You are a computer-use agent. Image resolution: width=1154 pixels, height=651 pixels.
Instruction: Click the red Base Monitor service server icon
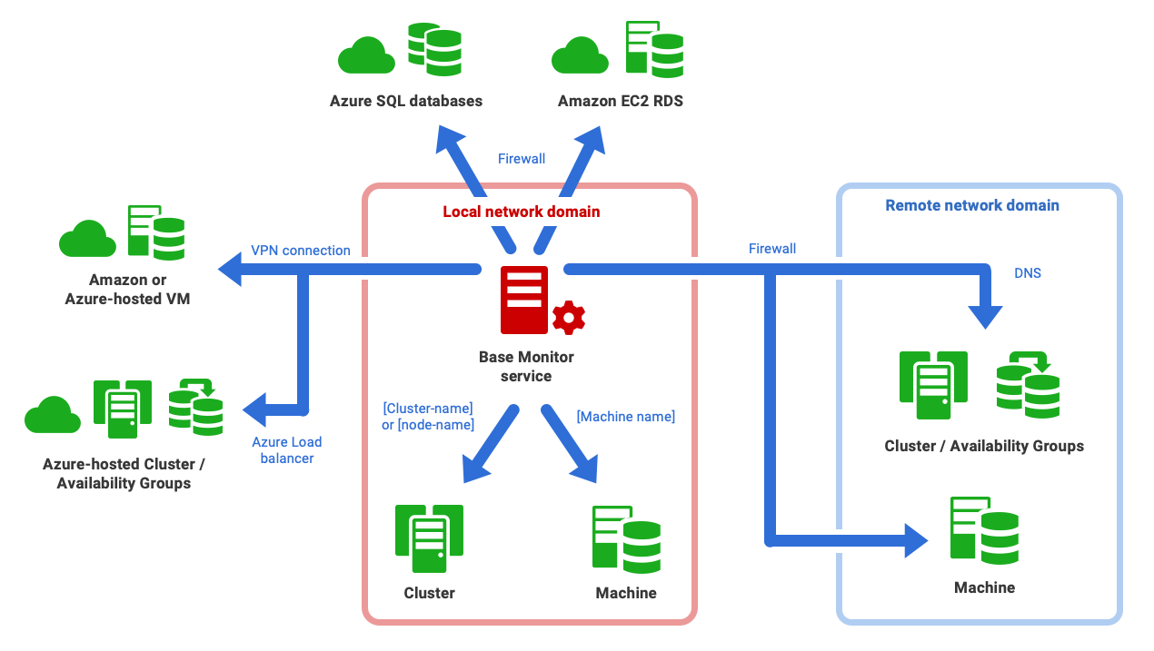tap(524, 300)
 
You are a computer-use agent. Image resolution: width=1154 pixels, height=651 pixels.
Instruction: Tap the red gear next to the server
tap(569, 317)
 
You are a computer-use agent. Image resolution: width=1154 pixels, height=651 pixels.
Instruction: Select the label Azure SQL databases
tap(406, 101)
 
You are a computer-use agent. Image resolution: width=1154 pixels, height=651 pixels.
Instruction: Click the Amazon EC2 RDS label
tap(621, 101)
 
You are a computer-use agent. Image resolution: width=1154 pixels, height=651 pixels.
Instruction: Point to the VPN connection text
tap(301, 251)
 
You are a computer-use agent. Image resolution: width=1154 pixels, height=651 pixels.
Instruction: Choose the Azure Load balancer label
tap(287, 450)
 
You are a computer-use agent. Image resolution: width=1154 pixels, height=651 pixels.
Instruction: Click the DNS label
tap(1028, 272)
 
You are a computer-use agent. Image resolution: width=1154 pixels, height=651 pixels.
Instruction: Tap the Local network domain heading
tap(522, 212)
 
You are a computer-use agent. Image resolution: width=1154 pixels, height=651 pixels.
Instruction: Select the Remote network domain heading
tap(972, 205)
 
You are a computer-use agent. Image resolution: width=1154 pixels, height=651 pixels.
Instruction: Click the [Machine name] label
tap(626, 417)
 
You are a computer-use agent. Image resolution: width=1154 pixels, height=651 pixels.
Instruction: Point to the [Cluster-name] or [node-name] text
tap(429, 417)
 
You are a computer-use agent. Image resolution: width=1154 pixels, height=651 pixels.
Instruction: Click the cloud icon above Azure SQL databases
tap(365, 56)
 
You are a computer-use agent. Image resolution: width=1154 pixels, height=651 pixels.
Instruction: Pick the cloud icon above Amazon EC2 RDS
tap(580, 56)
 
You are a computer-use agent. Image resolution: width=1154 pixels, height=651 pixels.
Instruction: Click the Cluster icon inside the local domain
tap(429, 538)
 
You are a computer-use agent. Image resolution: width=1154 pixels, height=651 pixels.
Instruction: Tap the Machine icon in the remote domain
tap(984, 531)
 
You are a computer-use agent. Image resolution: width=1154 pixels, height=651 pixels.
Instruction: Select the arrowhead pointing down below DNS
tap(985, 317)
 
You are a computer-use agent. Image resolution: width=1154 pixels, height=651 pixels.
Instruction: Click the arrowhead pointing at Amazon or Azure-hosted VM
tap(229, 269)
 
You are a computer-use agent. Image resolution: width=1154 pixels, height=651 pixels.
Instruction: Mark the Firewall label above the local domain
tap(522, 159)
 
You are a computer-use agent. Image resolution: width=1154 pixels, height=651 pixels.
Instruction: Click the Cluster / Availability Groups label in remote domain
tap(984, 446)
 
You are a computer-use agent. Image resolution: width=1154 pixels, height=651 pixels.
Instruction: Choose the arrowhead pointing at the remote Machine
tap(916, 540)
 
